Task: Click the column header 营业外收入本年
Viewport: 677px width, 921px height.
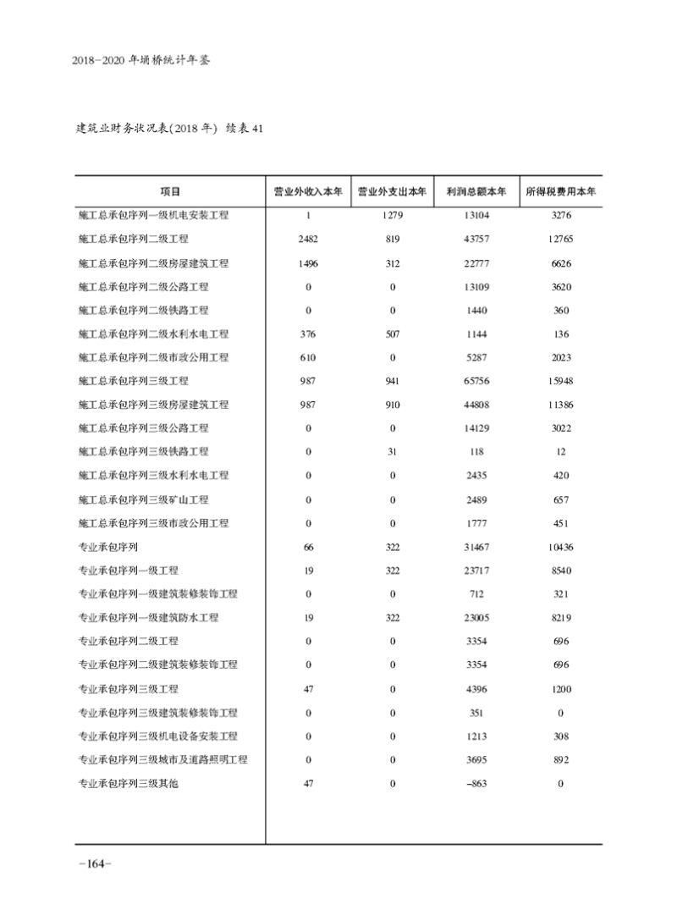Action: (x=308, y=192)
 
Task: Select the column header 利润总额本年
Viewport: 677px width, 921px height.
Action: (x=476, y=192)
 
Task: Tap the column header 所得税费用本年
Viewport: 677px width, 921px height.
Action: (x=561, y=192)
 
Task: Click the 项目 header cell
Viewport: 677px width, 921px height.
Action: (x=170, y=192)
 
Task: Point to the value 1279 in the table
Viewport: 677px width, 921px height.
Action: (x=393, y=216)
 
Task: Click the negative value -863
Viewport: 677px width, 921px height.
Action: (x=476, y=784)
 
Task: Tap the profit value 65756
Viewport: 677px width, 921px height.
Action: (x=476, y=381)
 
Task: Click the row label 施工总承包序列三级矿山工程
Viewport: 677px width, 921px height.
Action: (x=143, y=499)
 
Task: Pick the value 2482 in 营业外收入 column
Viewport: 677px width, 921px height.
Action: (x=308, y=240)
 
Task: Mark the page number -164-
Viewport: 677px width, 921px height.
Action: (x=94, y=863)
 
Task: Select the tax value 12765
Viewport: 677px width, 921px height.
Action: (x=561, y=240)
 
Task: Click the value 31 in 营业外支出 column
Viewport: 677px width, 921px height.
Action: (x=393, y=452)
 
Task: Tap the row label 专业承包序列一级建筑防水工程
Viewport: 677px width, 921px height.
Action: (x=148, y=618)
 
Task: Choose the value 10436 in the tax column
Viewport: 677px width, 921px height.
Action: (x=561, y=547)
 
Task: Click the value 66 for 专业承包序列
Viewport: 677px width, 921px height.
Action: (x=308, y=547)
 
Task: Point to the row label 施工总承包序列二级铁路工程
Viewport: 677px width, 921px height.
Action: (x=143, y=311)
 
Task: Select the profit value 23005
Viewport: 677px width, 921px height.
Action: (x=476, y=618)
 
